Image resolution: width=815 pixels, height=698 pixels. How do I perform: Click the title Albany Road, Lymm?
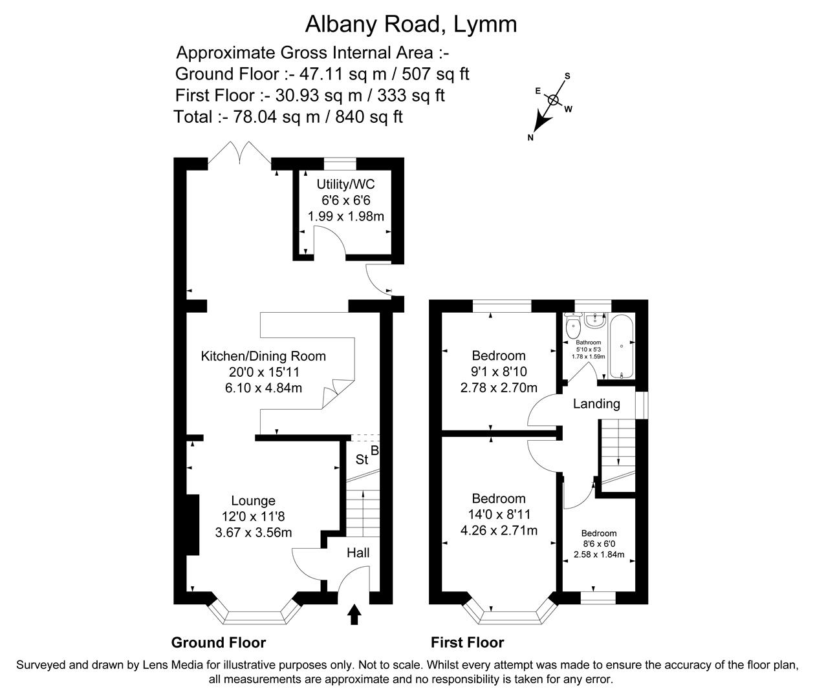[411, 24]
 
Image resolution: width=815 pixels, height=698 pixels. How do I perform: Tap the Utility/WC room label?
[345, 184]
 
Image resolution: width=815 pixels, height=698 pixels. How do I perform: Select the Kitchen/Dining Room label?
[263, 356]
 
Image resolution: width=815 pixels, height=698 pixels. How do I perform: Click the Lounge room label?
[253, 501]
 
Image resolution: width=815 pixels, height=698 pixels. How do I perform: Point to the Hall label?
[358, 553]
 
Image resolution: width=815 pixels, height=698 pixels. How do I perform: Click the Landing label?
[596, 404]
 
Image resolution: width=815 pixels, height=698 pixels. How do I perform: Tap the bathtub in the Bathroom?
[621, 346]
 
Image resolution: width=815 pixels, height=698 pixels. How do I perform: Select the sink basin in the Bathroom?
[594, 319]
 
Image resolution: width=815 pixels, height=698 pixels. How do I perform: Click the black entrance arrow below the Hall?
[354, 615]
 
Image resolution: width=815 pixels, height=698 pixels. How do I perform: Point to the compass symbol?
[553, 100]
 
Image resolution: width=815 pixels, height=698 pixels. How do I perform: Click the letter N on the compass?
[530, 137]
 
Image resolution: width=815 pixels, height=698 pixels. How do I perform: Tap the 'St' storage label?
[362, 460]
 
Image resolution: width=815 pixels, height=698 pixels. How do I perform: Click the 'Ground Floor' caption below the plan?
[218, 642]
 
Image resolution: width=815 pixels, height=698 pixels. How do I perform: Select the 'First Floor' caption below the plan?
[467, 642]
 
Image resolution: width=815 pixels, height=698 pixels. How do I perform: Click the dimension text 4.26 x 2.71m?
[498, 531]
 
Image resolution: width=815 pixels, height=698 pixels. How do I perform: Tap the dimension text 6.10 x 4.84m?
[263, 388]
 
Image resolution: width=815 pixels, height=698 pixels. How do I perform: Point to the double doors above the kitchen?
[239, 154]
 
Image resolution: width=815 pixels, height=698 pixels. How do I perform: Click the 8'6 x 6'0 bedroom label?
[598, 544]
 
